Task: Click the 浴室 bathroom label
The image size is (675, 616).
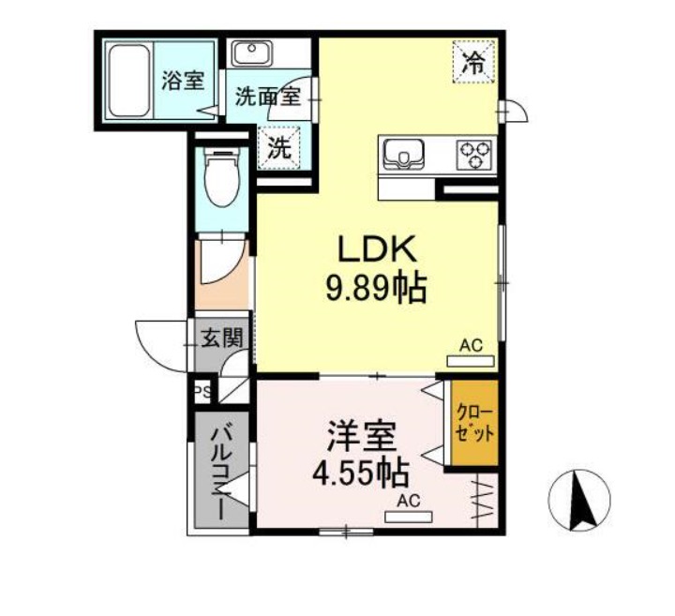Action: pyautogui.click(x=182, y=81)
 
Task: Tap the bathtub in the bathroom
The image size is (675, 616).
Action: pyautogui.click(x=128, y=78)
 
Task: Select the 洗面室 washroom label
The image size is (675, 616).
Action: pyautogui.click(x=266, y=96)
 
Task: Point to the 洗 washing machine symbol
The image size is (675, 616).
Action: pyautogui.click(x=279, y=146)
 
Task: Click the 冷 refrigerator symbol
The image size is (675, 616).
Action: pyautogui.click(x=474, y=63)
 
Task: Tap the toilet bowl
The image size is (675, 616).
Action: pyautogui.click(x=223, y=180)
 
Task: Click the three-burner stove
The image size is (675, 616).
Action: pyautogui.click(x=474, y=153)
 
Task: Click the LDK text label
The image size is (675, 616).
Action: pyautogui.click(x=376, y=250)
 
